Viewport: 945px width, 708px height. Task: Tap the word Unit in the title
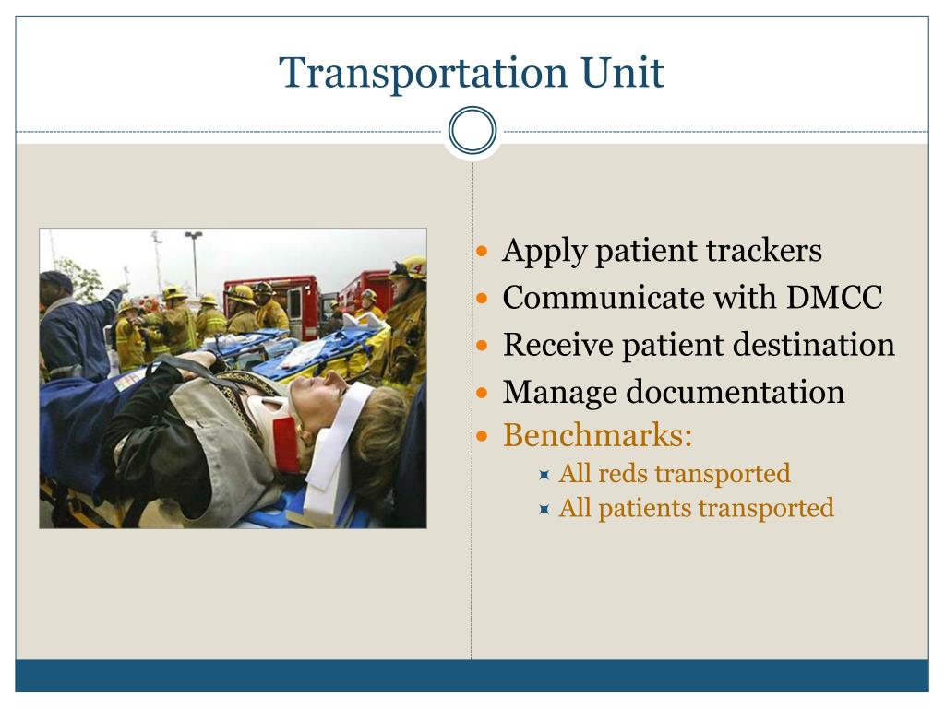(x=623, y=73)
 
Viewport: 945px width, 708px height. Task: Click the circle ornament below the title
(x=472, y=131)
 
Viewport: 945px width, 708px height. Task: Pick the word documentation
(x=735, y=392)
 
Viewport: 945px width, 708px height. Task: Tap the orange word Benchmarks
(x=597, y=435)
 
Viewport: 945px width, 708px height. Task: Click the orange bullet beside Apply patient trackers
(x=482, y=251)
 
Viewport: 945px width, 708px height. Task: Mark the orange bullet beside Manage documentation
(x=482, y=393)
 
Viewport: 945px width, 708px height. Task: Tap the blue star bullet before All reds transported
(x=544, y=475)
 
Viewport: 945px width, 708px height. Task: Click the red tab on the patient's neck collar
(x=286, y=444)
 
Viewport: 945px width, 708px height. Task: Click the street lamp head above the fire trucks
(x=194, y=235)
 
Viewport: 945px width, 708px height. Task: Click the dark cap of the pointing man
(x=56, y=280)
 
